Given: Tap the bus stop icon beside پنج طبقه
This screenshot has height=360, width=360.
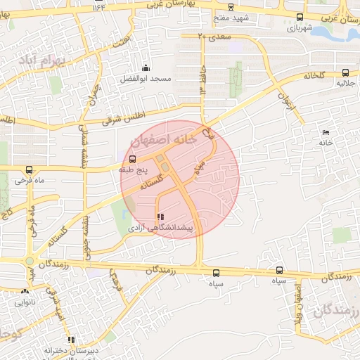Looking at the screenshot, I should click(133, 159).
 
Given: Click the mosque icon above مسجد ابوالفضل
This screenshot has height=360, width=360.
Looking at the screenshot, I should click(146, 67).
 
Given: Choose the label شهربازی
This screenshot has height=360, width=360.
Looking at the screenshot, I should click(300, 28).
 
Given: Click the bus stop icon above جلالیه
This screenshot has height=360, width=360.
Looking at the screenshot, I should click(345, 72).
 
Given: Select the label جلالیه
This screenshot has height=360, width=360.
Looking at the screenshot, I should click(345, 83).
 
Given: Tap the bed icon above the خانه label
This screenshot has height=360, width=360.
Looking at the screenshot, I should click(325, 132).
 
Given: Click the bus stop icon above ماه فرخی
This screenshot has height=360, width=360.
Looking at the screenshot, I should click(29, 169).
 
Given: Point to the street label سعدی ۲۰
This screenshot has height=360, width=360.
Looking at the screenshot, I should click(214, 34).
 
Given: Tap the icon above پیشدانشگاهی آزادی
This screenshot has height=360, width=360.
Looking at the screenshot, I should click(160, 217).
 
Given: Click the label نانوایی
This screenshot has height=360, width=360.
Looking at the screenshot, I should click(25, 302).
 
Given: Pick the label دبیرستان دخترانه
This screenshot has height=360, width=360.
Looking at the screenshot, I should click(70, 349).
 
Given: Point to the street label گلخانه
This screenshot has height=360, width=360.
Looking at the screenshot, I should click(316, 75).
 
